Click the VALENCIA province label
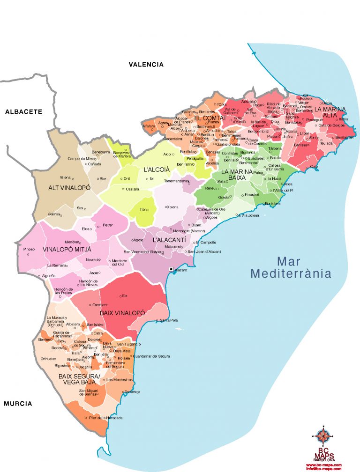(146, 65)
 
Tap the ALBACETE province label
(23, 112)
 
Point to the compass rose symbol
(322, 436)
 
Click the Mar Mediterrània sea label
(291, 267)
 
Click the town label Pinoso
(29, 249)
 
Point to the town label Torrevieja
(133, 392)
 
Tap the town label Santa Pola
(169, 320)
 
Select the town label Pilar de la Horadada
(105, 418)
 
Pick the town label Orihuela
(48, 359)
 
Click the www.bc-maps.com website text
(324, 464)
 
